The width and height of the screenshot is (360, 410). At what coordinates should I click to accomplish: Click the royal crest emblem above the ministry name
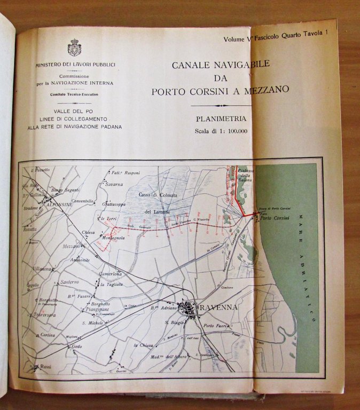click(74, 48)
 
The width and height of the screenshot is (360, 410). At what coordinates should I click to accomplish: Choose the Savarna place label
click(113, 184)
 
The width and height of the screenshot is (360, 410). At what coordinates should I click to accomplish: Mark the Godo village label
click(77, 347)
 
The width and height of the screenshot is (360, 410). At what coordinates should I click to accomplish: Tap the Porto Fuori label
click(216, 326)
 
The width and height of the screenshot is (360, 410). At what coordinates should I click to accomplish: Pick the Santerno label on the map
click(69, 282)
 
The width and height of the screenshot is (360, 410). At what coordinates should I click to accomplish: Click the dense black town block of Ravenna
click(189, 309)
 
